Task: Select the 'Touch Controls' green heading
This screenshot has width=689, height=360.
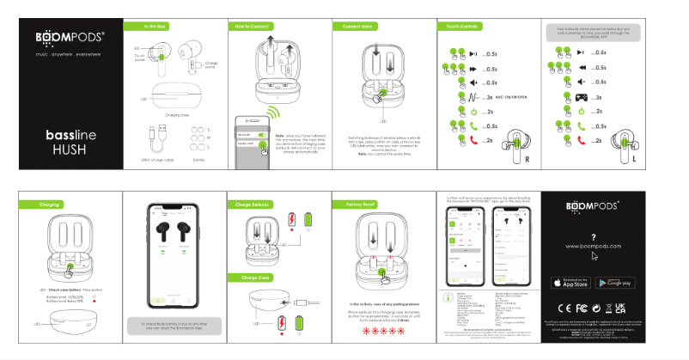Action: coord(458,27)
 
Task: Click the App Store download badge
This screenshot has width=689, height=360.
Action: coord(572,282)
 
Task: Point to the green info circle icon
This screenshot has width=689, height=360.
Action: coord(446,296)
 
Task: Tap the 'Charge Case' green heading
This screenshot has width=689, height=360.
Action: coord(250,278)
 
